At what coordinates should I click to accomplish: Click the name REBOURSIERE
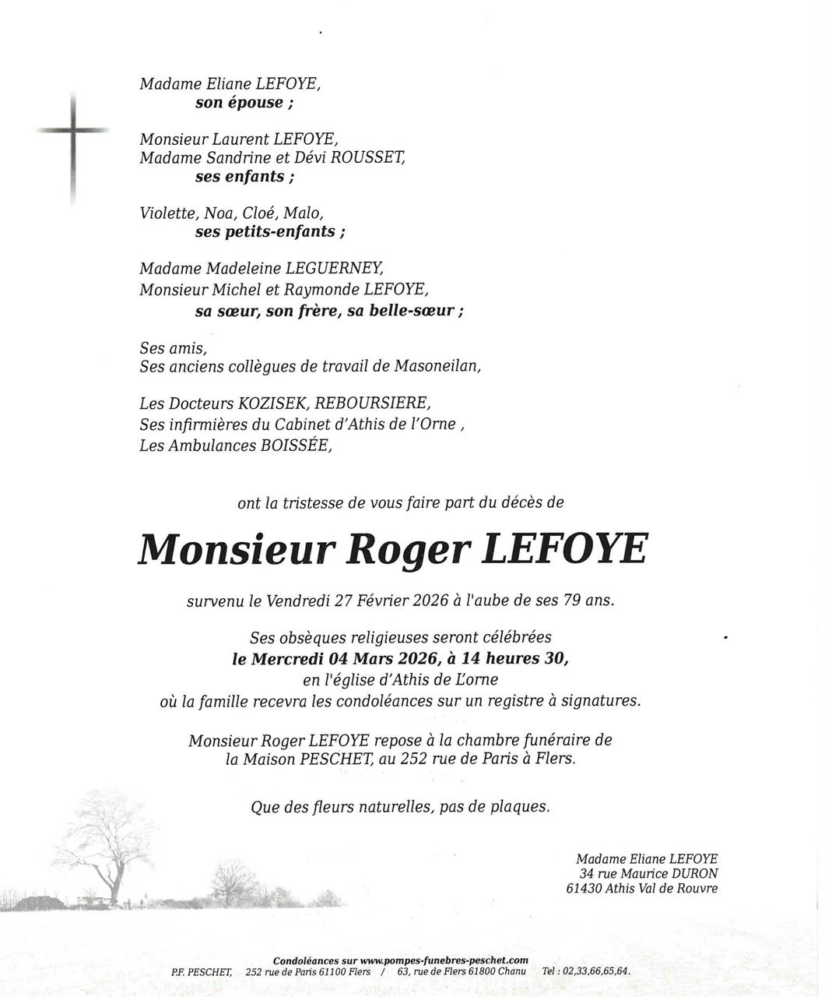(x=373, y=403)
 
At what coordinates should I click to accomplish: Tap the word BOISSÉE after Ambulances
(x=290, y=446)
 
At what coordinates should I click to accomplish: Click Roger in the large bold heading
(x=407, y=550)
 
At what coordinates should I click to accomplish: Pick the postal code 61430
(x=585, y=889)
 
